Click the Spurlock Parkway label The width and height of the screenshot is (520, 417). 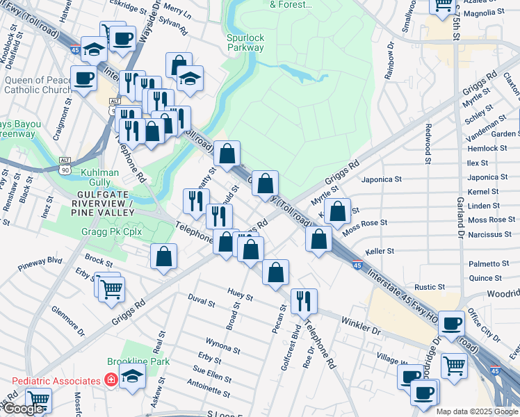click(x=245, y=42)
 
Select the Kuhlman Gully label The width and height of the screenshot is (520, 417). click(x=101, y=177)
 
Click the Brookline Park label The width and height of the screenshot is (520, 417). click(x=138, y=362)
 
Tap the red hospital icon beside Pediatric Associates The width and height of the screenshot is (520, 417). click(x=110, y=380)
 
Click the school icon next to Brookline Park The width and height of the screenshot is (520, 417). click(x=132, y=377)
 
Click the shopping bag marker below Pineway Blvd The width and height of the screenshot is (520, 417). click(x=163, y=256)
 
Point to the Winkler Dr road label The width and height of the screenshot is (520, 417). click(x=360, y=326)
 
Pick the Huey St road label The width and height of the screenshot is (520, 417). click(x=239, y=293)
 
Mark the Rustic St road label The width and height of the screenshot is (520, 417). click(x=429, y=286)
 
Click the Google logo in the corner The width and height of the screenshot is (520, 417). click(x=23, y=409)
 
